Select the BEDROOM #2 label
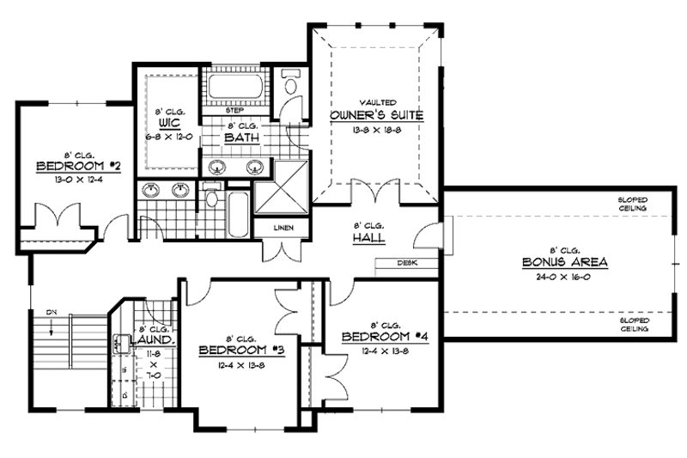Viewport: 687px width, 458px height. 65,165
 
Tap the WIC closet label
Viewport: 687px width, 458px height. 168,123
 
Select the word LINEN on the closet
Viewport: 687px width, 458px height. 283,228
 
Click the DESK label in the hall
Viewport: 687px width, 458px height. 407,263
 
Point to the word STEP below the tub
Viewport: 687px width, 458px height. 234,110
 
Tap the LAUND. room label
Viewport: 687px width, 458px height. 156,339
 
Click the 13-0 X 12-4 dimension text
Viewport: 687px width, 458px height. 65,180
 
